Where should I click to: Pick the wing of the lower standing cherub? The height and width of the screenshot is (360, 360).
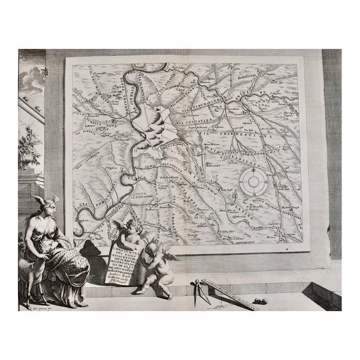[x=166, y=256]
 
